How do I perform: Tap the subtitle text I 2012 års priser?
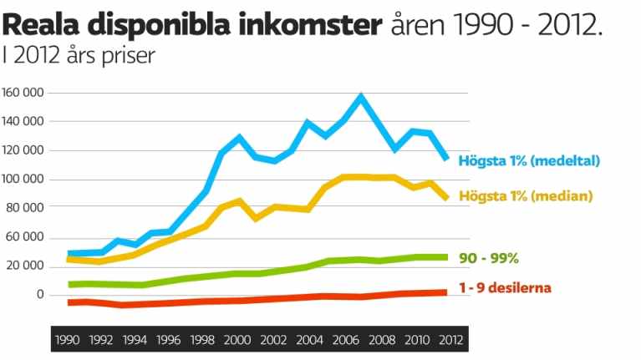pos(79,57)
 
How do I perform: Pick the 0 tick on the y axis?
pos(39,295)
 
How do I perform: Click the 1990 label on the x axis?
pos(67,340)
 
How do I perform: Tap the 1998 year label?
pos(202,340)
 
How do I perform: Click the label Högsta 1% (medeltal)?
pos(529,160)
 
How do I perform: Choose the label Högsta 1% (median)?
pos(525,196)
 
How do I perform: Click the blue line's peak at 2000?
pos(240,137)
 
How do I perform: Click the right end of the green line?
pos(446,257)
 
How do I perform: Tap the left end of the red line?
pos(69,302)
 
